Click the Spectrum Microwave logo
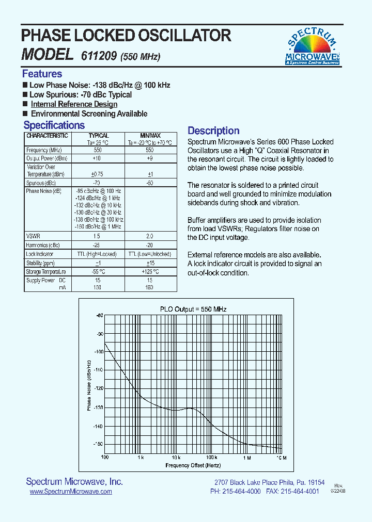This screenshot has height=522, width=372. pyautogui.click(x=313, y=46)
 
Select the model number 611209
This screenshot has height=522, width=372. pyautogui.click(x=99, y=56)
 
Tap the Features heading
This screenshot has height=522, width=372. pyautogui.click(x=42, y=74)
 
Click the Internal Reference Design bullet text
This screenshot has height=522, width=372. pyautogui.click(x=74, y=104)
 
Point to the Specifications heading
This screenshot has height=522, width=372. pyautogui.click(x=54, y=125)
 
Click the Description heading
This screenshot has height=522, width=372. pyautogui.click(x=213, y=130)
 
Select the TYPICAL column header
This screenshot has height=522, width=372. pyautogui.click(x=98, y=136)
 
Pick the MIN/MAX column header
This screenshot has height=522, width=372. pyautogui.click(x=150, y=136)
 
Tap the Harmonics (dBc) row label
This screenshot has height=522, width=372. pyautogui.click(x=42, y=245)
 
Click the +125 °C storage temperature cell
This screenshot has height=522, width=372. pyautogui.click(x=150, y=271)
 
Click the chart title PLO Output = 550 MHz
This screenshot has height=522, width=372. pyautogui.click(x=193, y=309)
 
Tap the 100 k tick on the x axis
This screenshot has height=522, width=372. pyautogui.click(x=211, y=458)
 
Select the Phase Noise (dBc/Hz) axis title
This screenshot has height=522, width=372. pyautogui.click(x=88, y=385)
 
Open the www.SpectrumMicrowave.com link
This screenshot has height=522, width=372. pyautogui.click(x=71, y=492)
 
